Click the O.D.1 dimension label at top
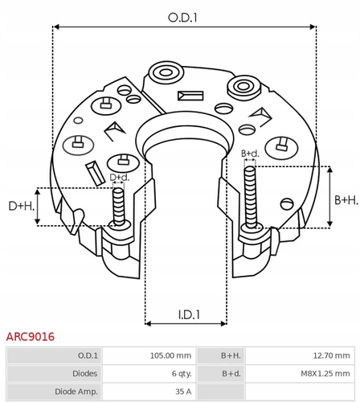coord(182,18)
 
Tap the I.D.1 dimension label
coord(189,314)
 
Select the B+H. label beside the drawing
coord(346,200)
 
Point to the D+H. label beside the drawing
coord(22,206)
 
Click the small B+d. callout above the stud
coord(250,154)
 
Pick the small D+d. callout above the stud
coord(120,177)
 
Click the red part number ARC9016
coord(31,337)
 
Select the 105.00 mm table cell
coord(170,355)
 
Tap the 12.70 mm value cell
coord(332,355)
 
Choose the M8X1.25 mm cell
coord(325,373)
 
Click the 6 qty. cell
coord(182,373)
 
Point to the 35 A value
coord(183,392)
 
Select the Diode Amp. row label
coord(76,392)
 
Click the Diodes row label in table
coord(84,373)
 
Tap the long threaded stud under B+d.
coord(250,198)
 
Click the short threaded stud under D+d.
coord(118,207)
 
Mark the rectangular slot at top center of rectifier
coord(190,96)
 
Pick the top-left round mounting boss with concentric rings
coord(166,72)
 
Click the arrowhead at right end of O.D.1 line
coord(313,27)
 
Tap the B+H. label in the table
coord(231,355)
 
